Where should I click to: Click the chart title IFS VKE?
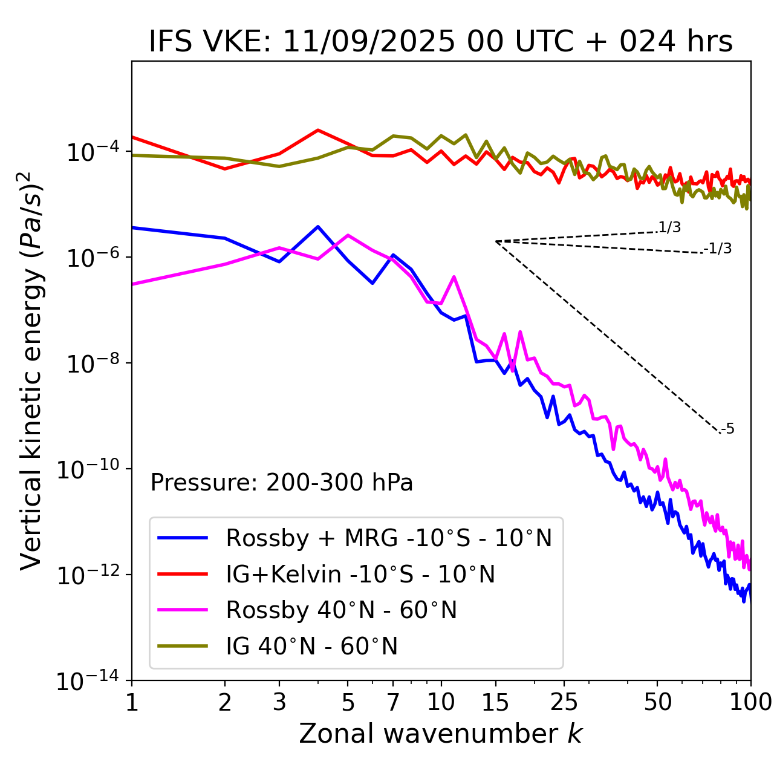441,42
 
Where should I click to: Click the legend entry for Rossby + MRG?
388,538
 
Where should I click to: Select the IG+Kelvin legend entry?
360,574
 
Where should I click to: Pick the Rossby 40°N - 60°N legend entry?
341,610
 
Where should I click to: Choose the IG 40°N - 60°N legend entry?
311,647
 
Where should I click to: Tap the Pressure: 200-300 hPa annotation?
282,483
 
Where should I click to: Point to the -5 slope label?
727,429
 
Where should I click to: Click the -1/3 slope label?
718,249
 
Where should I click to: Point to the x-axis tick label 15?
495,702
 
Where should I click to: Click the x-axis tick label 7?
393,702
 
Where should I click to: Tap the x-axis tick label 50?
657,702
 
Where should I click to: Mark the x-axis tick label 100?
750,702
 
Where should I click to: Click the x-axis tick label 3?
279,702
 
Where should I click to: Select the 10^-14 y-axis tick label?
86,681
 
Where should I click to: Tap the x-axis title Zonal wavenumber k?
441,734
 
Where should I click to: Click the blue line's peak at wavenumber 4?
318,227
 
